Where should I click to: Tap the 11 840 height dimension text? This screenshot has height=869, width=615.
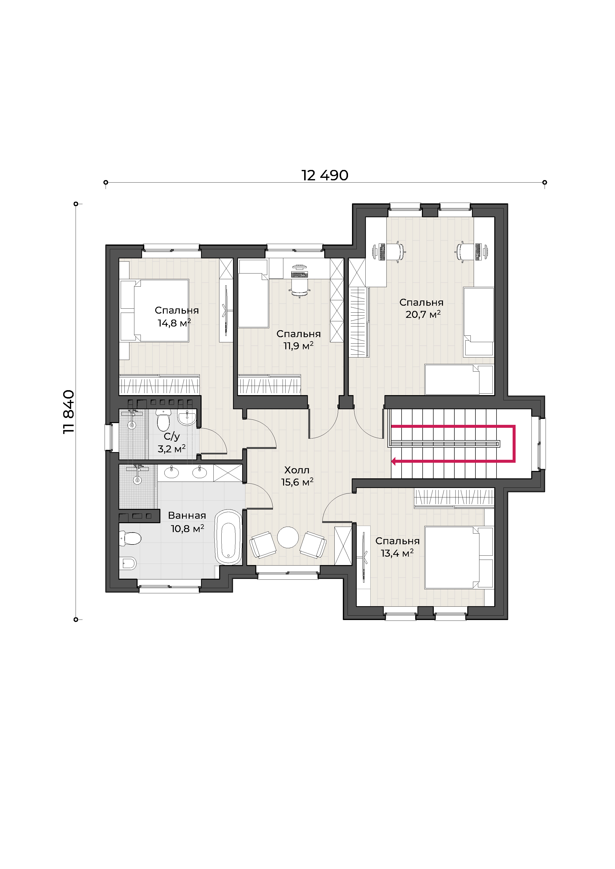click(69, 412)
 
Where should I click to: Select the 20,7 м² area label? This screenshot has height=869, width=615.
click(423, 314)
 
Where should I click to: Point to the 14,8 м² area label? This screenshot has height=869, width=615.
click(174, 323)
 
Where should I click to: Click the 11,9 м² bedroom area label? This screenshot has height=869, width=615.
click(298, 346)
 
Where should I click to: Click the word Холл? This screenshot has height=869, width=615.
click(297, 470)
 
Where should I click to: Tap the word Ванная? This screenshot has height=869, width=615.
click(187, 516)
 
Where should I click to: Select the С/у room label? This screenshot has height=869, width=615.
click(172, 437)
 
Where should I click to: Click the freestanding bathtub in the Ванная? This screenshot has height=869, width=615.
click(228, 537)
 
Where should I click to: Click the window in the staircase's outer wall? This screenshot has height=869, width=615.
click(542, 444)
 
